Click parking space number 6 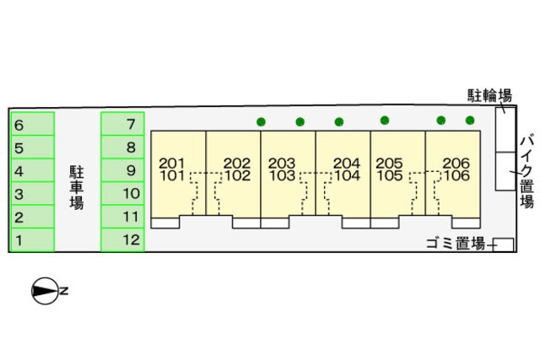pos(33,124)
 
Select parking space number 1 pos(33,240)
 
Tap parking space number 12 pos(122,240)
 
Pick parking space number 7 pos(122,124)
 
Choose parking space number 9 pos(122,170)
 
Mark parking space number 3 pos(33,193)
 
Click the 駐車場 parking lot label pos(77,187)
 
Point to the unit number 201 pos(172,163)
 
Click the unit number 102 pos(238,175)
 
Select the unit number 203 pos(282,163)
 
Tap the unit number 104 pos(347,175)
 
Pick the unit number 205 pos(389,163)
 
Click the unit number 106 pos(456,175)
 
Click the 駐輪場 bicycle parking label pos(489,95)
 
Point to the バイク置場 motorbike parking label pos(526,172)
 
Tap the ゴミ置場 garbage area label pos(456,244)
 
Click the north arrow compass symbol pos(46,291)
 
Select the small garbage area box pos(503,244)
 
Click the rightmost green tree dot pos(470,120)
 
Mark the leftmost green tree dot pos(261,121)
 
